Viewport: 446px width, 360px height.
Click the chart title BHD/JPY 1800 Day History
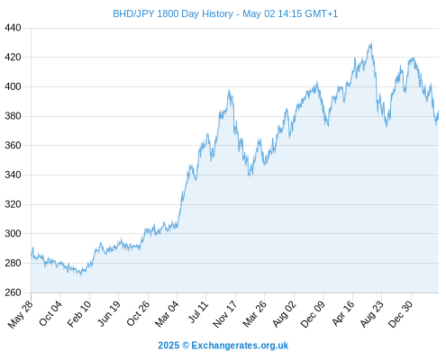pyautogui.click(x=173, y=13)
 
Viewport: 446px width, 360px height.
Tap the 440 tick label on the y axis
pyautogui.click(x=13, y=28)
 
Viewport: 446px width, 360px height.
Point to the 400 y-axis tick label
pyautogui.click(x=13, y=87)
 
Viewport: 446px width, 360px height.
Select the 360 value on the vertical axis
pyautogui.click(x=13, y=146)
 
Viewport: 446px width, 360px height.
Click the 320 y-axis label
pyautogui.click(x=13, y=204)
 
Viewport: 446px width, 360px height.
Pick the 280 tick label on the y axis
pyautogui.click(x=13, y=263)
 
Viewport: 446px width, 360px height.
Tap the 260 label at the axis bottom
pyautogui.click(x=13, y=292)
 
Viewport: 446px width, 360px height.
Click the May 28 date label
pyautogui.click(x=21, y=314)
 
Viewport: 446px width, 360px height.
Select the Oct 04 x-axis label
pyautogui.click(x=50, y=313)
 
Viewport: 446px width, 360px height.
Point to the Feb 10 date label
pyautogui.click(x=79, y=314)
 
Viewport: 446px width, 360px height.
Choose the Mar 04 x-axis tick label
pyautogui.click(x=167, y=314)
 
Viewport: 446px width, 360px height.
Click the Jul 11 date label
pyautogui.click(x=198, y=312)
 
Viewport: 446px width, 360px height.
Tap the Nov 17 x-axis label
pyautogui.click(x=225, y=314)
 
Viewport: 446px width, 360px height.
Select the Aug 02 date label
pyautogui.click(x=284, y=314)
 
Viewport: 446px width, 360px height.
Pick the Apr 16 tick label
pyautogui.click(x=343, y=313)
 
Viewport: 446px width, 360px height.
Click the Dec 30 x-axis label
pyautogui.click(x=401, y=314)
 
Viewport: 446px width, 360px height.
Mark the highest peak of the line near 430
pyautogui.click(x=371, y=43)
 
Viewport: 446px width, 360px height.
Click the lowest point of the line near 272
pyautogui.click(x=81, y=274)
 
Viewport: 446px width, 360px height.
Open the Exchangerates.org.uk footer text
pyautogui.click(x=240, y=346)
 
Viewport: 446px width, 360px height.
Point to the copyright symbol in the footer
pyautogui.click(x=186, y=346)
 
